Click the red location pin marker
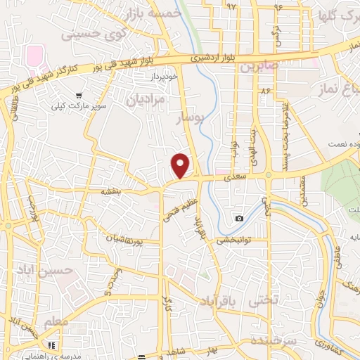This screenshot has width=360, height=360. click(x=181, y=166)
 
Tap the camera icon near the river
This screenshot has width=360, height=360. click(x=240, y=218)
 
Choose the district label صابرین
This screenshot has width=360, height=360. click(x=260, y=67)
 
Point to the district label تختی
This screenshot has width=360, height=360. click(x=266, y=300)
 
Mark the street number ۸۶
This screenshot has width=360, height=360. click(x=265, y=91)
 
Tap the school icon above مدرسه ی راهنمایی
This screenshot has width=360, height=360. click(x=52, y=346)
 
